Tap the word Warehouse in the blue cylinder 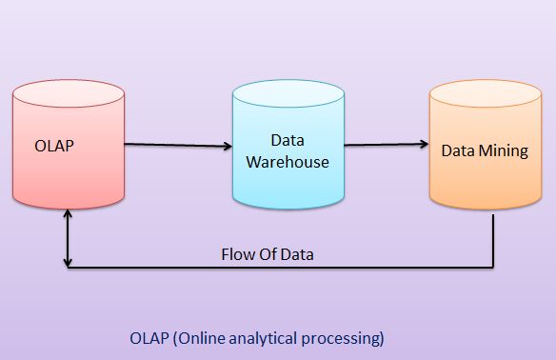coord(288,162)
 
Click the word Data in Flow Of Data coord(302,254)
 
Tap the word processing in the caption coord(347,337)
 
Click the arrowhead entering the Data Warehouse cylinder coord(228,147)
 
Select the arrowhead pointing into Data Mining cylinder coord(423,146)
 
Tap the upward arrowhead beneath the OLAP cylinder coord(67,215)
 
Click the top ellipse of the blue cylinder coord(288,92)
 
